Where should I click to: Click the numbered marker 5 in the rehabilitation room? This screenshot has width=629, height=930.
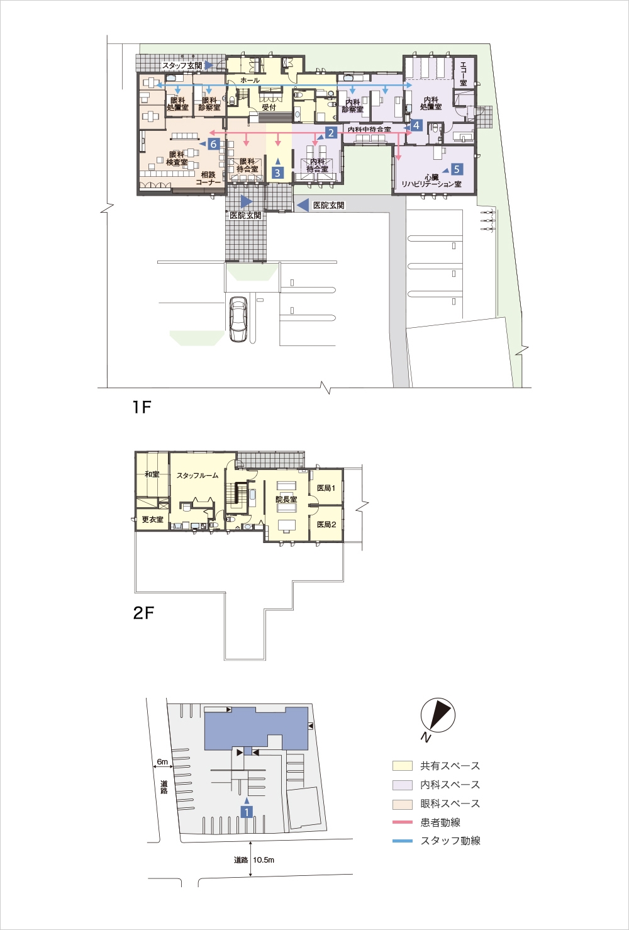[x=457, y=169]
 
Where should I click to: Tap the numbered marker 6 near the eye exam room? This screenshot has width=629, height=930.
[x=213, y=143]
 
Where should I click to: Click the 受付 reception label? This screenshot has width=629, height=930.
[x=269, y=107]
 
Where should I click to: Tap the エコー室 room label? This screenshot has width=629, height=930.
[x=464, y=74]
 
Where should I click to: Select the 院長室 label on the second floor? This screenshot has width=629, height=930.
[x=286, y=499]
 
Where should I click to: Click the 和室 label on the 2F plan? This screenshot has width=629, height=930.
[x=152, y=474]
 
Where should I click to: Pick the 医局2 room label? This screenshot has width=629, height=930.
[x=326, y=524]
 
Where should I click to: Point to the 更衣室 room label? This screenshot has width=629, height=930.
[x=153, y=519]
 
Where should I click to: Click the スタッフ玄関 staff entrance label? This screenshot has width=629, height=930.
[x=182, y=65]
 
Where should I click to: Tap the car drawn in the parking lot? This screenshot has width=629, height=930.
[x=238, y=319]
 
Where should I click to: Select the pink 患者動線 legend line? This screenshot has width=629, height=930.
[x=403, y=822]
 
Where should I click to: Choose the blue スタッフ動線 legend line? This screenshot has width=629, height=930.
[x=403, y=841]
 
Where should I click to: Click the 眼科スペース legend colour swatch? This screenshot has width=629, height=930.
[x=403, y=804]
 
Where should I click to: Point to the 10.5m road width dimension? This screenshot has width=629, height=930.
[x=264, y=860]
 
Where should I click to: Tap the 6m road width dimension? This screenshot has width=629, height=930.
[x=162, y=762]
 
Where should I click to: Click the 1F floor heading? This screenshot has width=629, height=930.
[x=142, y=407]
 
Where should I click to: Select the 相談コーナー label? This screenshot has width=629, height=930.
[x=208, y=179]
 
